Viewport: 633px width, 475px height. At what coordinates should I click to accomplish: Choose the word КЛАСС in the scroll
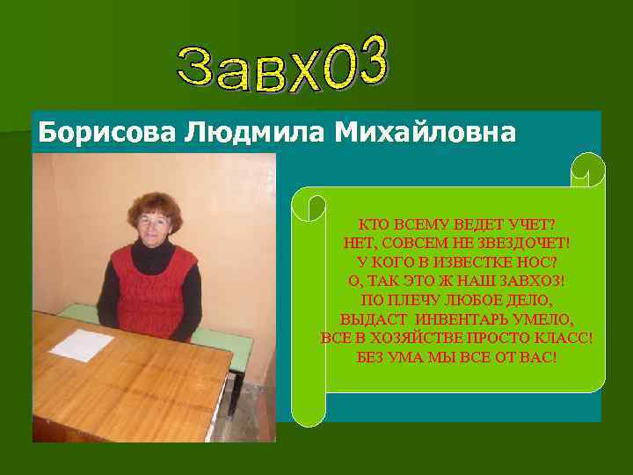564,339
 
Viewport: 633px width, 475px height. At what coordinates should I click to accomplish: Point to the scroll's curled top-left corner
309,205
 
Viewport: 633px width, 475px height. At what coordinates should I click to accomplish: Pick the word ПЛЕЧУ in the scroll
431,300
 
